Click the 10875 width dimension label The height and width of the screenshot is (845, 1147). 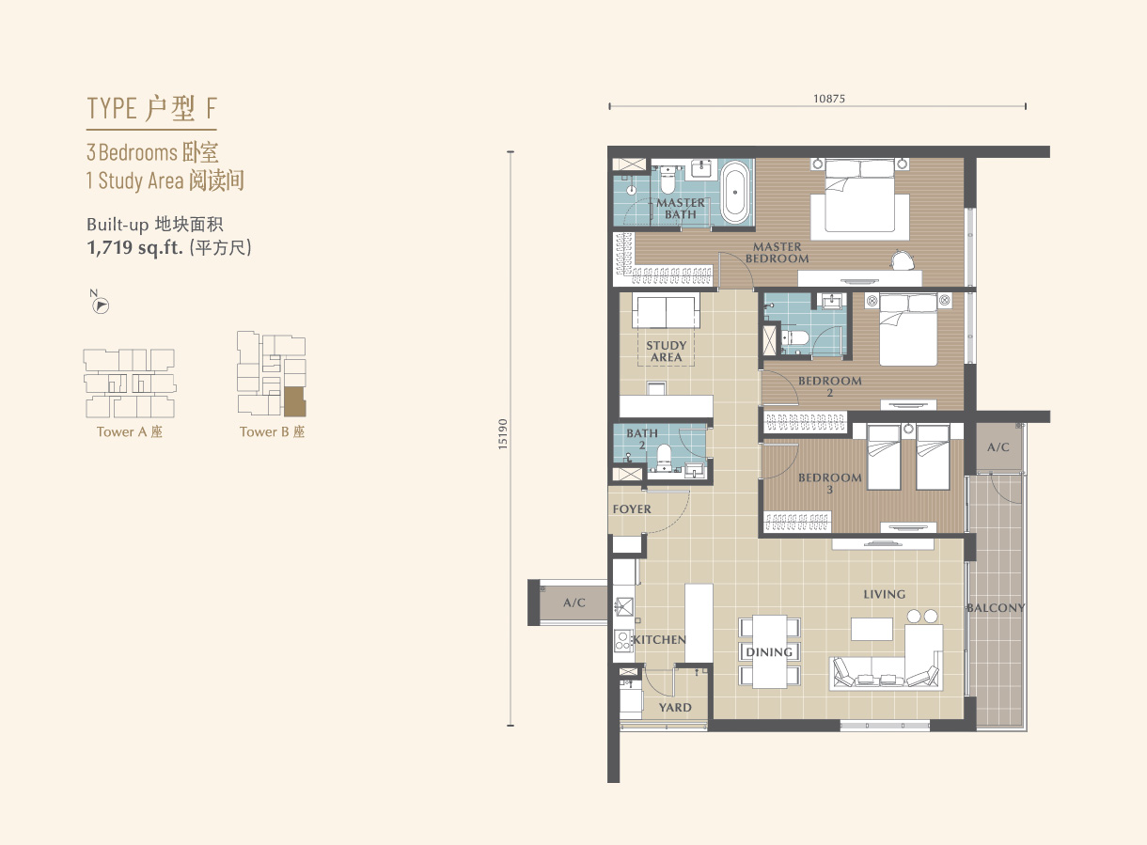coord(829,99)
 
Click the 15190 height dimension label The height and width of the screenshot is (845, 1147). coord(503,434)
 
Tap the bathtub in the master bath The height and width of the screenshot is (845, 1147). coord(735,192)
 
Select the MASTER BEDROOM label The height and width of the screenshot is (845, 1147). coord(777,253)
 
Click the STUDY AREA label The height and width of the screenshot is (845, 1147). coord(667,352)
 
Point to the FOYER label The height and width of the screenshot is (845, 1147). coord(632,509)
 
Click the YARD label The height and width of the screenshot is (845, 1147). coord(675,708)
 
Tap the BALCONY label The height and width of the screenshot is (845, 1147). coord(996,607)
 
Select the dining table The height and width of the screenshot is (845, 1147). coord(769,651)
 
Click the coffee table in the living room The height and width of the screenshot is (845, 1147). coord(872,629)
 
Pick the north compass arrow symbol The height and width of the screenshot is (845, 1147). coord(101,305)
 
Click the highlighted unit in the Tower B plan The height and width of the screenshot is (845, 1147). coord(294,401)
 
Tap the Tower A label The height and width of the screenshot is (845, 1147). coord(129,431)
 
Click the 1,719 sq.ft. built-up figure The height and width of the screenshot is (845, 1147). coord(134,248)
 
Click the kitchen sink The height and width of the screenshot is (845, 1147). coord(623,607)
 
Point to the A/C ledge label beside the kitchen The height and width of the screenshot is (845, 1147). coord(574,602)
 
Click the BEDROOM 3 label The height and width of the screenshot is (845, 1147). coord(829,483)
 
